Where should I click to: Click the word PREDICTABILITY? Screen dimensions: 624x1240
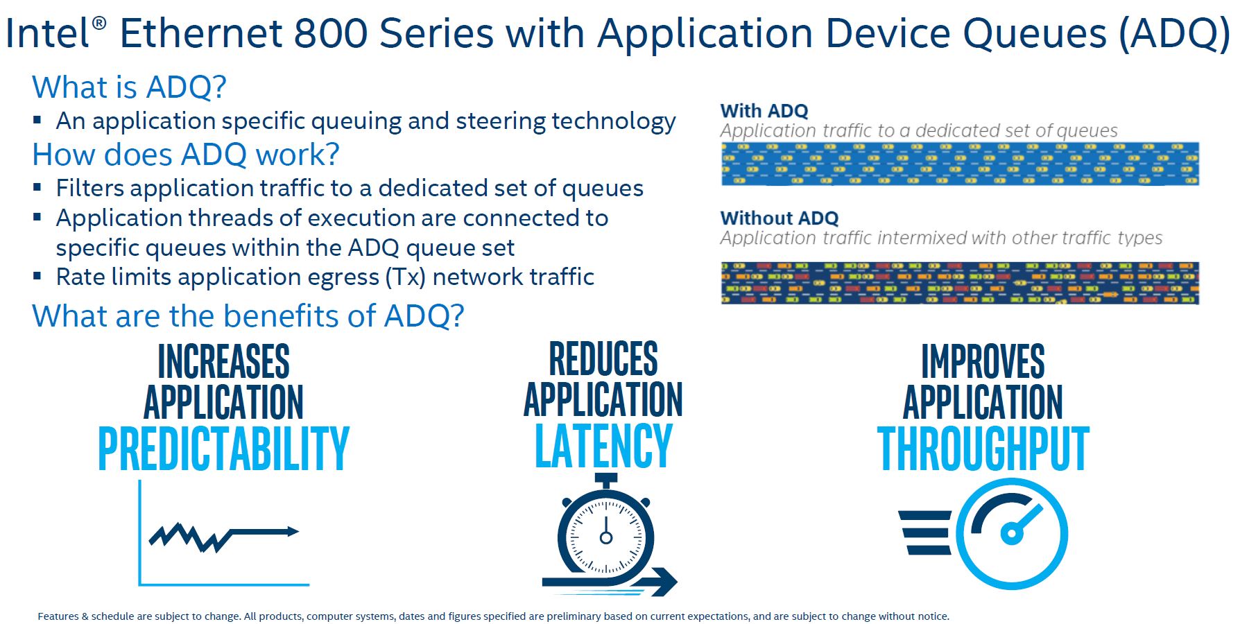(223, 449)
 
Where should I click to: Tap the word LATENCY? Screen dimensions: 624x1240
(603, 446)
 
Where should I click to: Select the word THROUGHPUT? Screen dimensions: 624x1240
(983, 449)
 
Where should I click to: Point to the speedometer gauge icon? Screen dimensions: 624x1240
(1012, 534)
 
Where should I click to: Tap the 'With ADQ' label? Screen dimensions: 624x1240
(764, 111)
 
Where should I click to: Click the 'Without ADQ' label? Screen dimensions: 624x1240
(779, 218)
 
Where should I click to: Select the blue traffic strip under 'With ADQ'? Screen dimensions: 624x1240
(960, 164)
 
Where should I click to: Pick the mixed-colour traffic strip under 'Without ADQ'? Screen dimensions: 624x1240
(960, 283)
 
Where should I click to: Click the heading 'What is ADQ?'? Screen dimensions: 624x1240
(129, 87)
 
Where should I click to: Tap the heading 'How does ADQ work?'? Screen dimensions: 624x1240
(186, 155)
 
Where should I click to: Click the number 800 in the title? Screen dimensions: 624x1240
(330, 33)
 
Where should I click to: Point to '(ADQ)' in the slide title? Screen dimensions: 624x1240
(1174, 33)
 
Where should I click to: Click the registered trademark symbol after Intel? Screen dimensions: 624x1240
(99, 23)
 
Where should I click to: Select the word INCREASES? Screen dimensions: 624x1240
(223, 361)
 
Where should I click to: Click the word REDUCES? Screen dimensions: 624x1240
(603, 358)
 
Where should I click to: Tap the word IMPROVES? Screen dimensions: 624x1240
(983, 361)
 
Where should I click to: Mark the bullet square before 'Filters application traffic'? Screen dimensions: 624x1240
(37, 187)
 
